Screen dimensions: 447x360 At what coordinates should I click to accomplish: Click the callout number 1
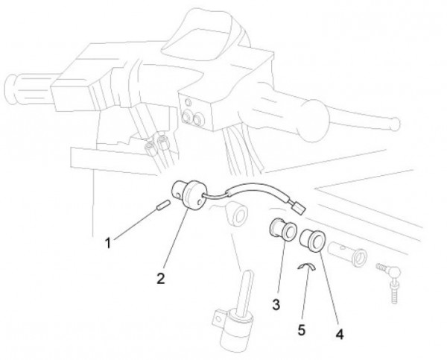coord(107,243)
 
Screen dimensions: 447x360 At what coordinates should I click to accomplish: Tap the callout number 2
coord(161,279)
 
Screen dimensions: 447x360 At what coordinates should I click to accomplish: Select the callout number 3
coord(276,305)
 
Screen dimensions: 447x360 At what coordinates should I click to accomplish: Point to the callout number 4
coord(340,334)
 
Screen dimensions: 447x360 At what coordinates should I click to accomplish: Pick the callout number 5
coord(302,330)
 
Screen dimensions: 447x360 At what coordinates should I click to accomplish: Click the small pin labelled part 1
coord(163,205)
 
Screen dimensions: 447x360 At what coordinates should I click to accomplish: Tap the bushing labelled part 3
coord(283,227)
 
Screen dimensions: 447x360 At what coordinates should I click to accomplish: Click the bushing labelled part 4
coord(313,239)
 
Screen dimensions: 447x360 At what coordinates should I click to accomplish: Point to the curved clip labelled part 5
coord(307,266)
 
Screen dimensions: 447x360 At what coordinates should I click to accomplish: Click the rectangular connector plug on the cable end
coord(298,206)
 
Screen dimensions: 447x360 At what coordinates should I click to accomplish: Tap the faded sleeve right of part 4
coord(347,253)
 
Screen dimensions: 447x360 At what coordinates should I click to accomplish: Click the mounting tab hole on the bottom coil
coord(218,318)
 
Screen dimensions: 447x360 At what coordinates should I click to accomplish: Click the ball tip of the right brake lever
coord(396,124)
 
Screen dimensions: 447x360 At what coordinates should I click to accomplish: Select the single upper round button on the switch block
coord(188,102)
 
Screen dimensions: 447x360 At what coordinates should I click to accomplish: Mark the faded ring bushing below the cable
coord(236,213)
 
